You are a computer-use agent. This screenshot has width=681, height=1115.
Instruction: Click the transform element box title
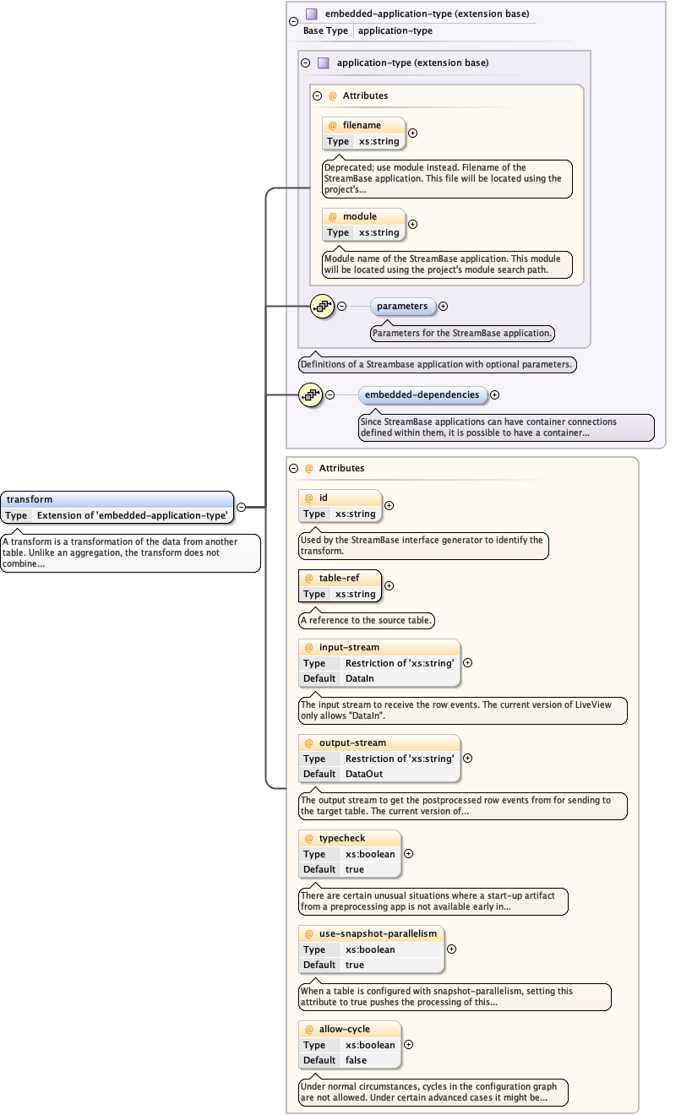pos(30,499)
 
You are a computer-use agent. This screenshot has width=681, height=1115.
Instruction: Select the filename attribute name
pos(362,125)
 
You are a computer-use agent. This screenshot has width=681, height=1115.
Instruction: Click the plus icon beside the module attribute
pos(413,224)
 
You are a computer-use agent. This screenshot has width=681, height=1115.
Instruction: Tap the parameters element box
pos(402,306)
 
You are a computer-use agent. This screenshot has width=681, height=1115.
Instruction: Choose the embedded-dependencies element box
pos(422,394)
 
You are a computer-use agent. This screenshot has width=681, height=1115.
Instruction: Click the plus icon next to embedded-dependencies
pos(495,394)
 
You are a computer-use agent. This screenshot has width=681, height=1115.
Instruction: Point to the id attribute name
pos(324,498)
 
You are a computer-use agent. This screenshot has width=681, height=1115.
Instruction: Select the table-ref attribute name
pos(338,578)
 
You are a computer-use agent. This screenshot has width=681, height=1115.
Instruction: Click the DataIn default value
pos(360,678)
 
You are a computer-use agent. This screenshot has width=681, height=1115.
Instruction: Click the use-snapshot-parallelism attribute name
pos(378,933)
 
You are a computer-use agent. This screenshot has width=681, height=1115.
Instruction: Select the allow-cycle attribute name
pos(345,1029)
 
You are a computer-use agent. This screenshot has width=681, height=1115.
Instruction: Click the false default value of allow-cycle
pos(357,1060)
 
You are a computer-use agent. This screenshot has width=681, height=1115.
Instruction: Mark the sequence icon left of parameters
pos(322,306)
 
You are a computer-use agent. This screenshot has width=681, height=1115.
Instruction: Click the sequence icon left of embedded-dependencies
pos(310,394)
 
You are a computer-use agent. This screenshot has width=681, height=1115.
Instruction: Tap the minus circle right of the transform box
pos(241,507)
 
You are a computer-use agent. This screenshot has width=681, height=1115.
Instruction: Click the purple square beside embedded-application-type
pos(311,14)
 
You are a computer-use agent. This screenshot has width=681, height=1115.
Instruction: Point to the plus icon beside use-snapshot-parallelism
pos(451,949)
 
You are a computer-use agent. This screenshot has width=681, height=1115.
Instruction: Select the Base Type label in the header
pos(326,30)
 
